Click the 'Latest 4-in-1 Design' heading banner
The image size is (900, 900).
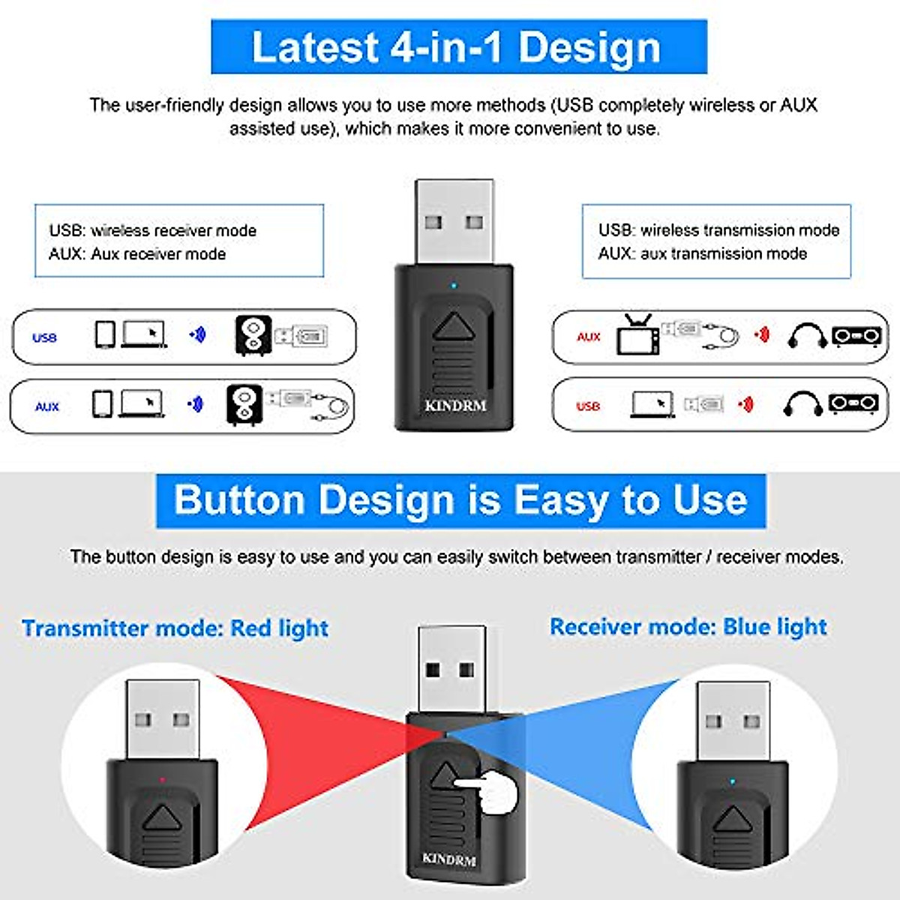[458, 47]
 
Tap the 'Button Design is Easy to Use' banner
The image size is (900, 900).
[460, 500]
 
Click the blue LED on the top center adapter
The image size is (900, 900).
[453, 286]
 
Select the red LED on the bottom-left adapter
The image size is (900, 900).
[163, 781]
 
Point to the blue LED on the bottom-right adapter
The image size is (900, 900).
[733, 782]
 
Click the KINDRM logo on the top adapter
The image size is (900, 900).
[455, 406]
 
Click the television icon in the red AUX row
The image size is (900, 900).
[637, 334]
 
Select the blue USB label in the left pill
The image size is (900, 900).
[44, 337]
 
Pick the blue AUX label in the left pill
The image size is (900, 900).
[46, 406]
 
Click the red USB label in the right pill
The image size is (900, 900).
[588, 406]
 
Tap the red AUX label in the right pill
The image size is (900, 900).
[589, 337]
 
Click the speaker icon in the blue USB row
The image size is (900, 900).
[253, 335]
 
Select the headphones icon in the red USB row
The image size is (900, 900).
[802, 404]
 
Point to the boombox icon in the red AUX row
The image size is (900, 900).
[856, 336]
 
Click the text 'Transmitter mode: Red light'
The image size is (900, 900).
[175, 628]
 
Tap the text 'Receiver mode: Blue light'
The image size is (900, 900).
[688, 627]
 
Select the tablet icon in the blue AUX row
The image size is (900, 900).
[102, 404]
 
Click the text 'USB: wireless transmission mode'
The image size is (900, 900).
[718, 230]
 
